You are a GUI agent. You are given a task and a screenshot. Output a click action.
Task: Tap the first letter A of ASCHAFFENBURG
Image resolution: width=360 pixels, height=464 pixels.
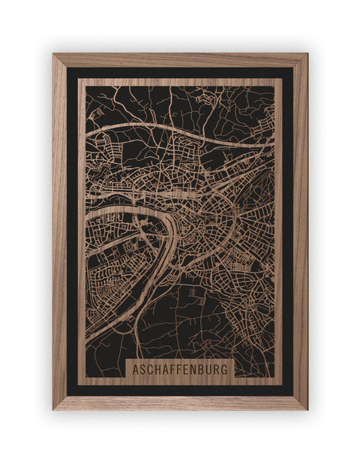(x=136, y=369)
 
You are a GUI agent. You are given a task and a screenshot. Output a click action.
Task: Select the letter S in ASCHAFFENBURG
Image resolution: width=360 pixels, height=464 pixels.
(x=143, y=369)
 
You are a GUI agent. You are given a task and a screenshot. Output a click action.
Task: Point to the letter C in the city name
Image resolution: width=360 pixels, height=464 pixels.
(x=151, y=369)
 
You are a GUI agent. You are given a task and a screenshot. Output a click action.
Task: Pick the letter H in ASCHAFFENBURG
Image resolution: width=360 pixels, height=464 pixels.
(x=158, y=369)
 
